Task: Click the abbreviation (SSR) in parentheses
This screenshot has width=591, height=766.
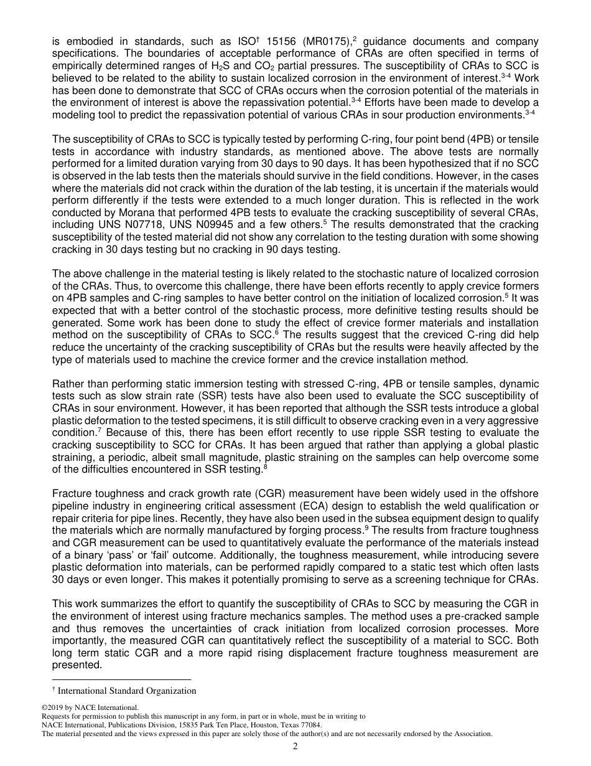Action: click(215, 395)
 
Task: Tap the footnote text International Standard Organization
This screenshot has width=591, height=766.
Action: click(127, 691)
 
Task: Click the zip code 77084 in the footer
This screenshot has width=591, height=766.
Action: click(310, 725)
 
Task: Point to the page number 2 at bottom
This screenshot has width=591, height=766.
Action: click(295, 746)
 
